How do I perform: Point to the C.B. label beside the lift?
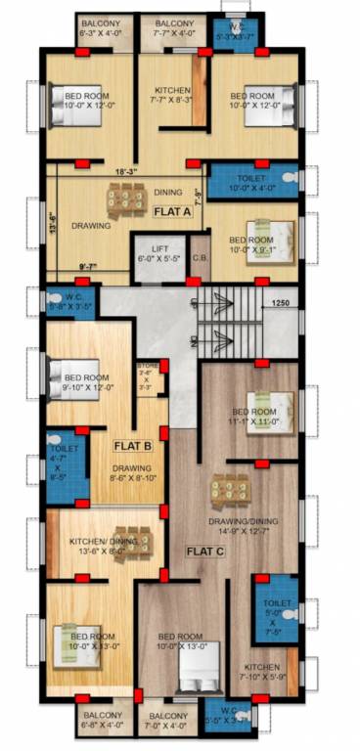199,259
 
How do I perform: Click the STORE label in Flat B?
146,377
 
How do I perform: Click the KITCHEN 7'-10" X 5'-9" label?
261,671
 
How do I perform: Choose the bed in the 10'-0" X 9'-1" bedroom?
277,233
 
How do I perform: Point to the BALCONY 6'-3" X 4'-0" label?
102,26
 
